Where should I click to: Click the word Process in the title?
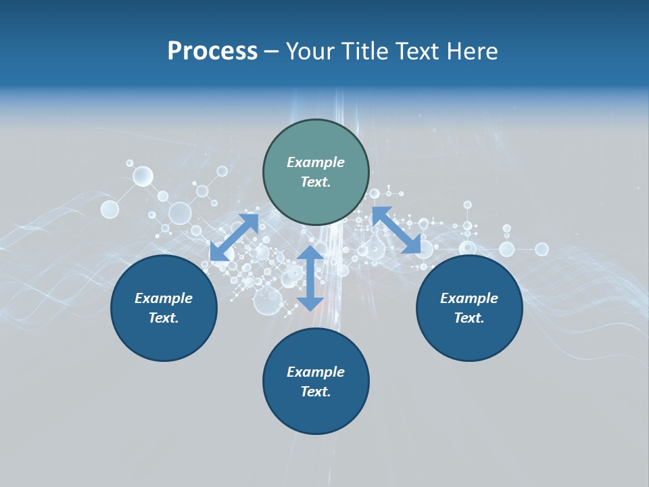click(212, 51)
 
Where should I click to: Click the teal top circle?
click(316, 172)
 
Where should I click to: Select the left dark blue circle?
click(164, 308)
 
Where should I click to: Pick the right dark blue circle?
click(469, 308)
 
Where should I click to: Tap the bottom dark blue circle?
click(316, 381)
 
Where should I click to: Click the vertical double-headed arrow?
click(310, 278)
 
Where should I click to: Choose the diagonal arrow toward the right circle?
click(396, 230)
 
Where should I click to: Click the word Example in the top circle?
click(316, 162)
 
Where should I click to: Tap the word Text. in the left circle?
click(164, 318)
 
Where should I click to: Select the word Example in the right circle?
click(469, 298)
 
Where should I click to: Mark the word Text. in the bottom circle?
click(316, 392)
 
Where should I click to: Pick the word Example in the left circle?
click(164, 298)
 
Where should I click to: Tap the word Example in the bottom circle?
click(316, 372)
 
